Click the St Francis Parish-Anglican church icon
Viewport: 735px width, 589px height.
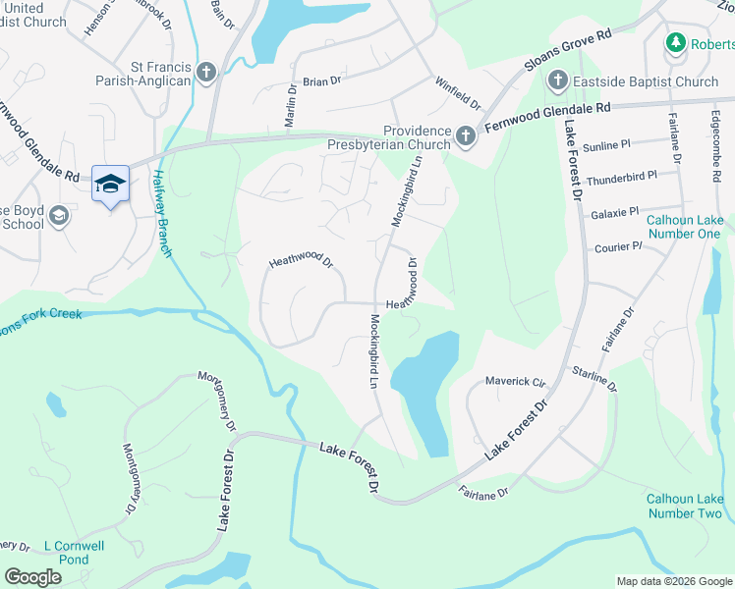coord(206,72)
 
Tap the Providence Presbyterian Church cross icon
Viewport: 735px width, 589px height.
coord(466,137)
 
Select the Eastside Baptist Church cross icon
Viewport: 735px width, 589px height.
coord(558,80)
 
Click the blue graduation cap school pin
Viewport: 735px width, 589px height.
coord(110,183)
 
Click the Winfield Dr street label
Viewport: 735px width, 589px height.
coord(459,94)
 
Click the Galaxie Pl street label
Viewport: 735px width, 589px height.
coord(615,211)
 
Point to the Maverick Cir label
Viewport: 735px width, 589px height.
coord(515,381)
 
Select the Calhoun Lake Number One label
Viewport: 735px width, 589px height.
coord(683,226)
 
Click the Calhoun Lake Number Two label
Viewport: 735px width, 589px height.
coord(685,506)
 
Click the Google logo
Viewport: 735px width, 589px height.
coord(32,577)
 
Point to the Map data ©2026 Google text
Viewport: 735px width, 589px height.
coord(674,581)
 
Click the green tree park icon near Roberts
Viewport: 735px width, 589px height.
coord(675,42)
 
